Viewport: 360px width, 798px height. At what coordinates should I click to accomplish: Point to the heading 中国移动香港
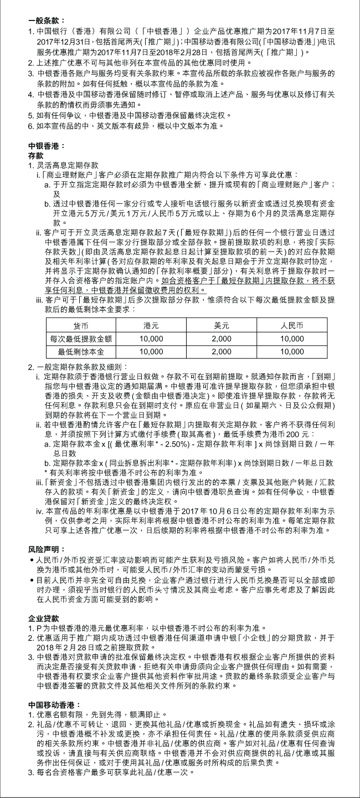tap(50, 704)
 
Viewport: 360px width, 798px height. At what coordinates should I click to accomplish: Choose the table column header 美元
tap(222, 326)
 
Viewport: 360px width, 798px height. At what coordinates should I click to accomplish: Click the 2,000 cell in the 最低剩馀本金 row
tap(222, 351)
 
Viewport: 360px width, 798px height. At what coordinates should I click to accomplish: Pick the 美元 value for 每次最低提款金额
tap(222, 338)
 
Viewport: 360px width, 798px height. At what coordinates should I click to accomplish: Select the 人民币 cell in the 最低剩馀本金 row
tap(292, 351)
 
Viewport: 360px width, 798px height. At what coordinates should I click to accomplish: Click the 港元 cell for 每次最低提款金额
tap(151, 338)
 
